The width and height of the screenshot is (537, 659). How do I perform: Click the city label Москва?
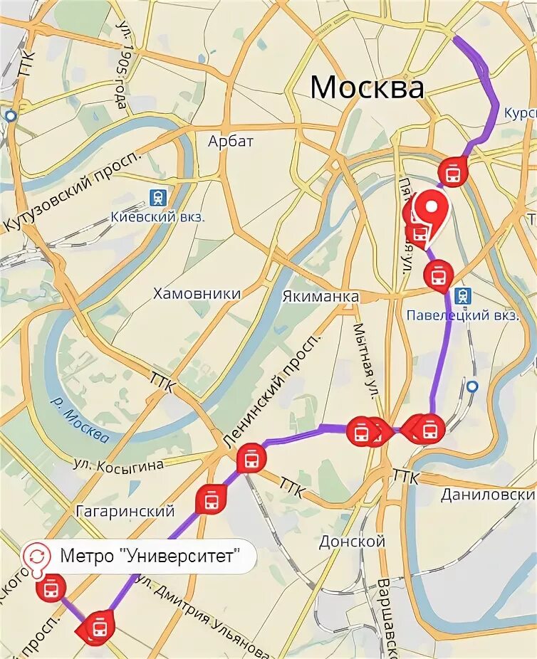click(x=367, y=88)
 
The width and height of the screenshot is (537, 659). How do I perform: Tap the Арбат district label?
click(x=231, y=141)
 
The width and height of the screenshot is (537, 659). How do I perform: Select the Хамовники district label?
click(x=197, y=293)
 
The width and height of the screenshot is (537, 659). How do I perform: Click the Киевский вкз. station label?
click(x=158, y=216)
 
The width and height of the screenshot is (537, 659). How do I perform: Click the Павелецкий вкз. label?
click(x=462, y=315)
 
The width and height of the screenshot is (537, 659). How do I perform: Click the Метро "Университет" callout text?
click(x=148, y=556)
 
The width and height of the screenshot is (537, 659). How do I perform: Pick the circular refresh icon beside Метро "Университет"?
click(x=37, y=555)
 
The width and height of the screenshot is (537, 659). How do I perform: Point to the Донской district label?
click(x=352, y=542)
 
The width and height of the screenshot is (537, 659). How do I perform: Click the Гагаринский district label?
click(x=125, y=511)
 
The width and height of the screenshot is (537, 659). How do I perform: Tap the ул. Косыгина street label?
click(x=118, y=464)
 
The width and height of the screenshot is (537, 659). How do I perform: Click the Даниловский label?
click(x=488, y=495)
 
